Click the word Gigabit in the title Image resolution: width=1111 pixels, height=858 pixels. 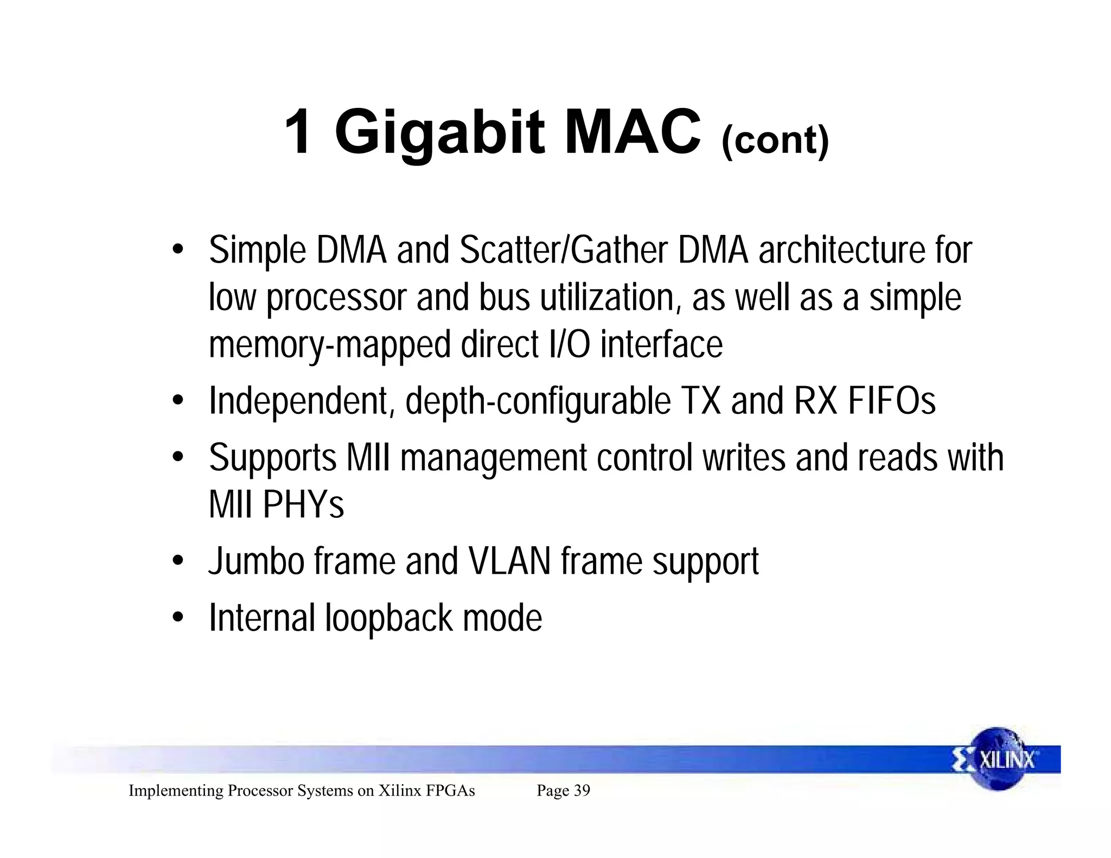coord(439,133)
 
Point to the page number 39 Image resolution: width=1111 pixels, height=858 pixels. coord(582,790)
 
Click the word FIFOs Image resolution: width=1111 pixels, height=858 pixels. coord(891,401)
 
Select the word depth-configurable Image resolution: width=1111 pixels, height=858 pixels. coord(538,401)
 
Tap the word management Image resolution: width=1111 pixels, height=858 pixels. coord(493,458)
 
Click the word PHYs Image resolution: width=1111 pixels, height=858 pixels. coord(303,505)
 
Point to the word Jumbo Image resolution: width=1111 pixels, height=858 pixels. coord(256,561)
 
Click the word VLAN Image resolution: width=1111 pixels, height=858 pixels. coord(509,561)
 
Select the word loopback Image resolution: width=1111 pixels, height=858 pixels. coord(388,618)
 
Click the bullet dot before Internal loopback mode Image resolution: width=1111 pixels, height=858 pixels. coord(177,618)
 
